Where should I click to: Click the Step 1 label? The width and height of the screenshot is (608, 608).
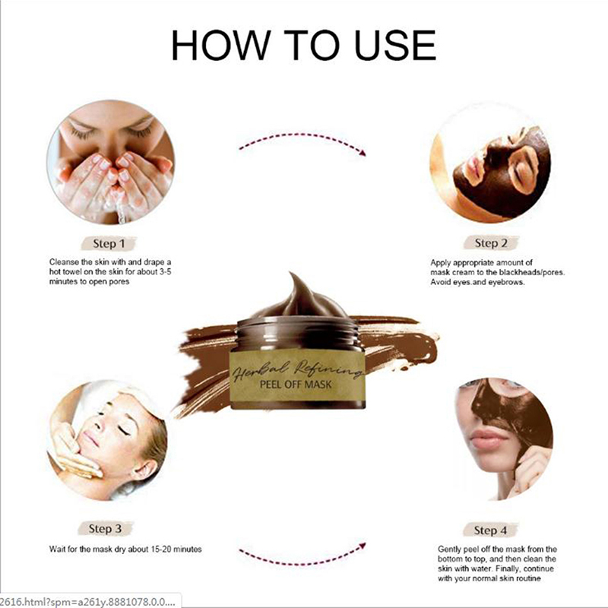point(109,244)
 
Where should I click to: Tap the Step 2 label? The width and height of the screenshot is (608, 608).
point(491,243)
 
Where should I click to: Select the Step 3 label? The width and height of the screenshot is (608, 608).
point(105,528)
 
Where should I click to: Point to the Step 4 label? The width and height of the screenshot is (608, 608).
point(490,530)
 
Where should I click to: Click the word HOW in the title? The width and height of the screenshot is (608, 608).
point(221,46)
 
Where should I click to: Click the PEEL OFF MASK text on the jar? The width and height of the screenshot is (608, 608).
point(296,385)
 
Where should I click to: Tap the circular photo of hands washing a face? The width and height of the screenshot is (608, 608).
point(110,162)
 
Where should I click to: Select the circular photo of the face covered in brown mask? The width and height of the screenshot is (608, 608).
point(490,163)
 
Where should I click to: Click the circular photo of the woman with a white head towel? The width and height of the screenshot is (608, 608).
point(107,440)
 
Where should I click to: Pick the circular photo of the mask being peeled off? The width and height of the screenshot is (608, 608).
point(504,439)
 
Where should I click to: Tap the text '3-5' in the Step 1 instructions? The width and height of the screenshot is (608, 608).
point(165,272)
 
